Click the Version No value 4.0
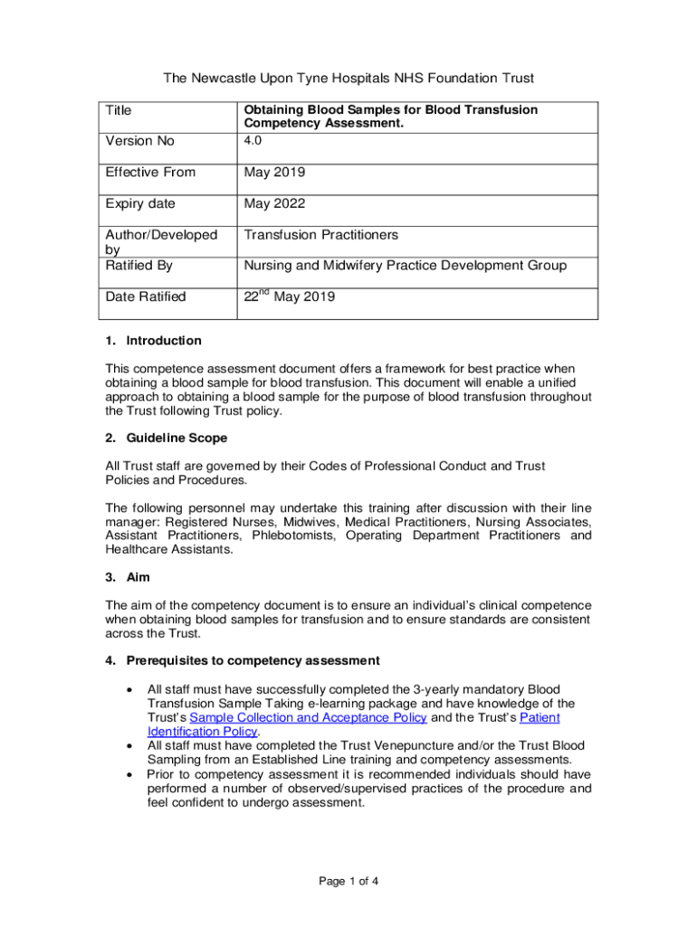(x=253, y=141)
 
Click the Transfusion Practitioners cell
(x=334, y=235)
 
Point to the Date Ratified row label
(x=146, y=297)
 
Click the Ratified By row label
(x=139, y=266)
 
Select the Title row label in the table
(x=119, y=110)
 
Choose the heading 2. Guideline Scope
(x=166, y=438)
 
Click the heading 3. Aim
(x=128, y=577)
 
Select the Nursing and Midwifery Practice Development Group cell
(x=406, y=266)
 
